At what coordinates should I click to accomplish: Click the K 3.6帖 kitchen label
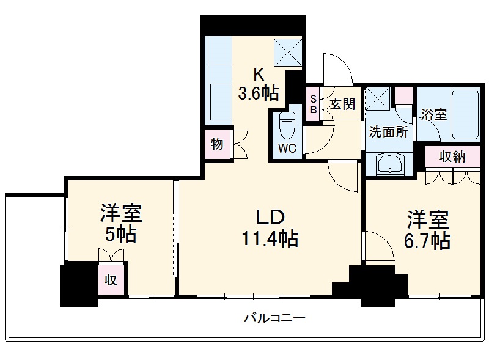257,84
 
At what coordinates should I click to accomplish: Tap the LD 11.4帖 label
268,227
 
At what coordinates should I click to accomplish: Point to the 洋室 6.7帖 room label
428,230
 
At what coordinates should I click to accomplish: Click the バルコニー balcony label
274,318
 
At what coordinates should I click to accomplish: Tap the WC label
287,148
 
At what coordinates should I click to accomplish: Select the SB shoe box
313,105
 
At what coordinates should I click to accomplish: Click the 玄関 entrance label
342,104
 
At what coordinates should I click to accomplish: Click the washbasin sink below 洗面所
389,164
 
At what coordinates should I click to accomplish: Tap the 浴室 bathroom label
433,114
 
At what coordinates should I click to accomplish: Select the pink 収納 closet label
452,156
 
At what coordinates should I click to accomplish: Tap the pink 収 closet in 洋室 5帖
111,280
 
